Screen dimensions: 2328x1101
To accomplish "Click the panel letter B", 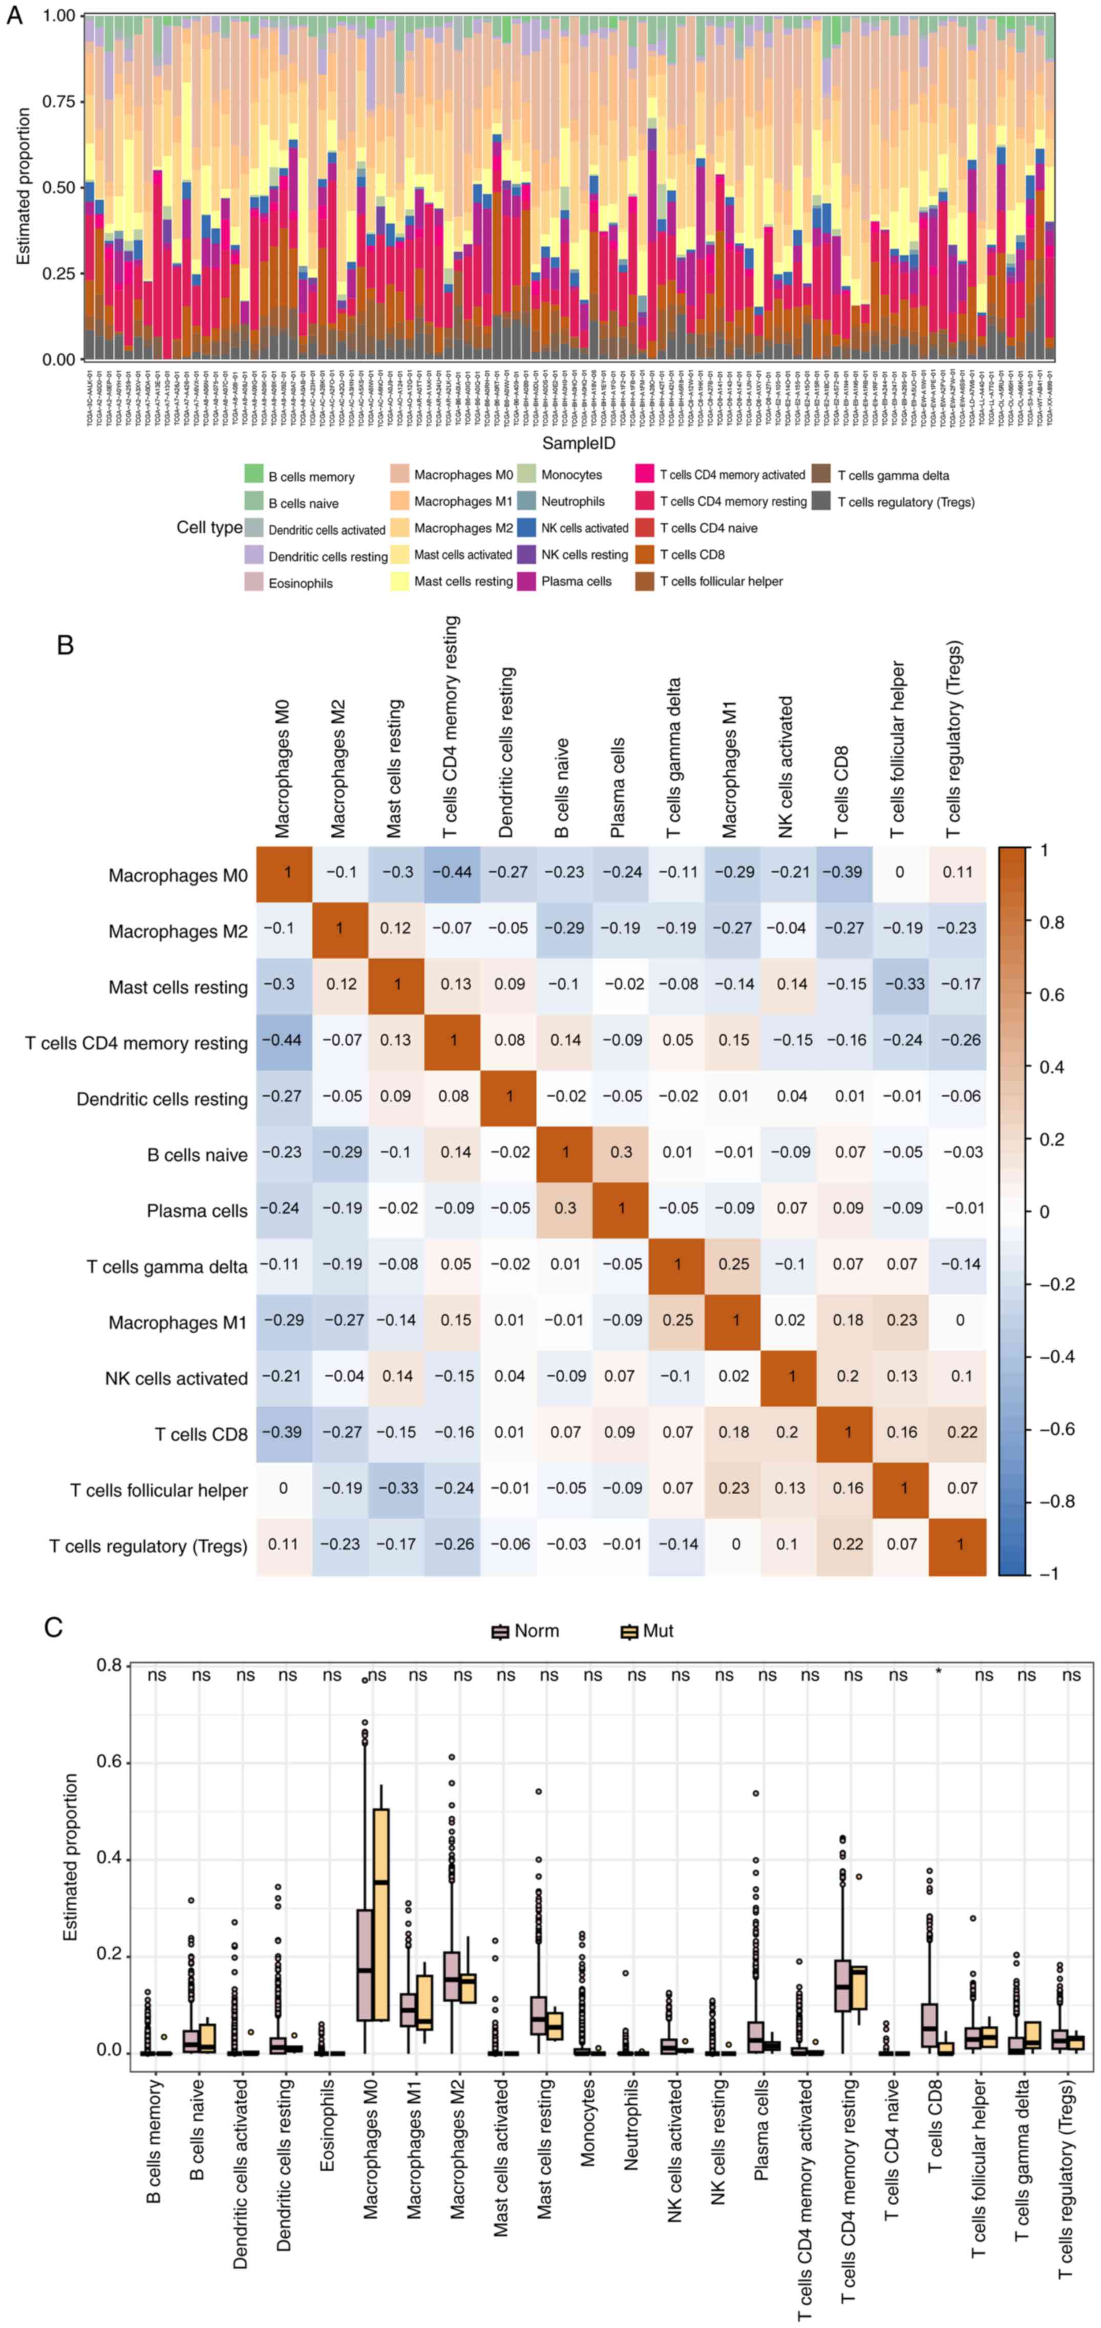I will (x=65, y=645).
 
